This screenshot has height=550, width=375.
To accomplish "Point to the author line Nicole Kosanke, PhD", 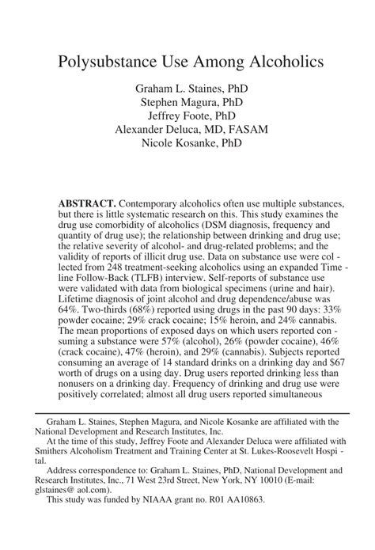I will (187, 143).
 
